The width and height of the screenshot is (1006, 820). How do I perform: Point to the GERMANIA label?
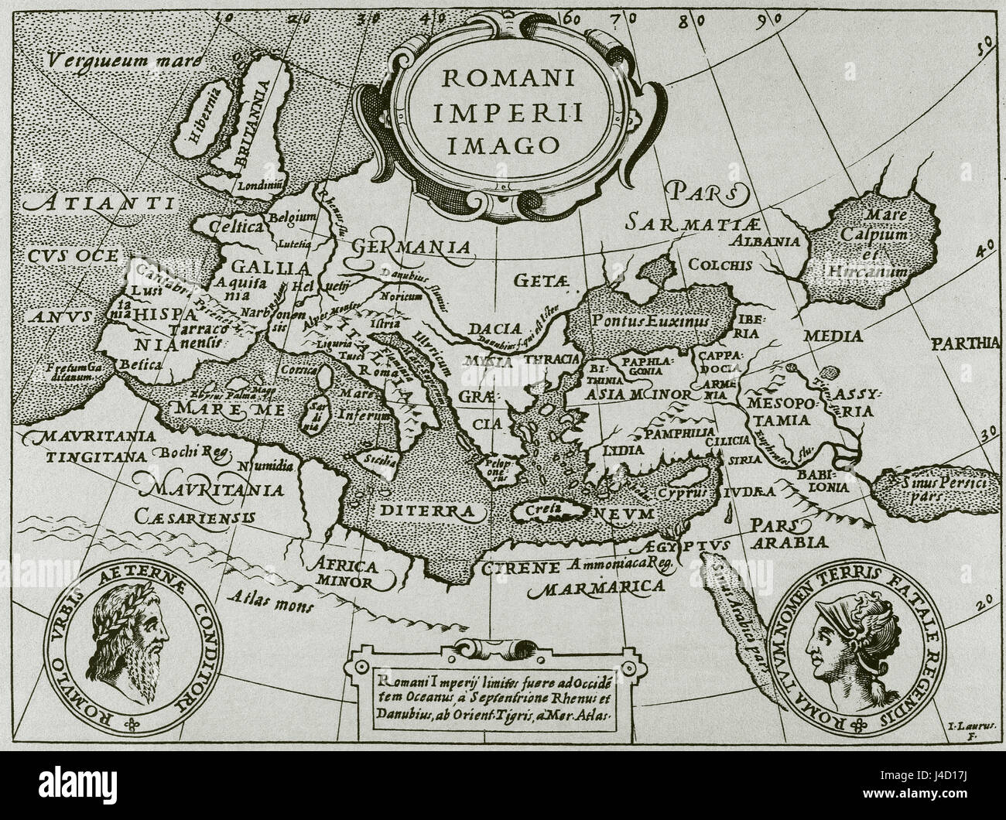[x=412, y=247]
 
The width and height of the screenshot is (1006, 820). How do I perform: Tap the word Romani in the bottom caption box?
[x=403, y=681]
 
